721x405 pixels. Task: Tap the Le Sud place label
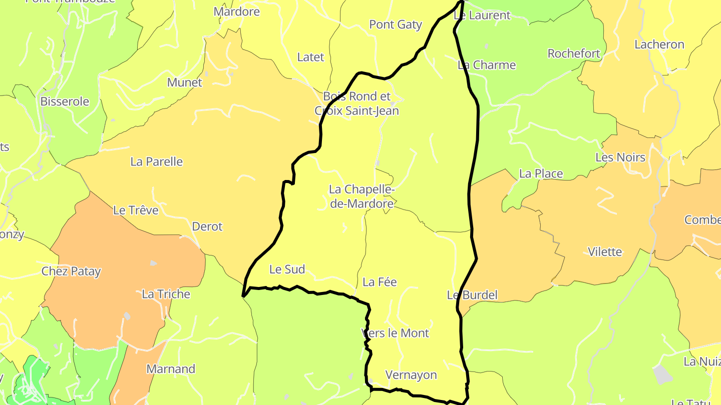click(x=287, y=269)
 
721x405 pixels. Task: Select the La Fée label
click(x=380, y=282)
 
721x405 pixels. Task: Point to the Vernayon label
click(x=411, y=375)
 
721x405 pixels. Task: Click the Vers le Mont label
click(x=395, y=333)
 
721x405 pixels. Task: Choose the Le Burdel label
click(x=472, y=295)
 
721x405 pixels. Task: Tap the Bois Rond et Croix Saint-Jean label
click(x=356, y=103)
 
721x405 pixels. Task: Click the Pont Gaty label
click(x=396, y=24)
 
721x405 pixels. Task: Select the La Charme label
click(x=487, y=65)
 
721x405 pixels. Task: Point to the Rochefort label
click(x=574, y=53)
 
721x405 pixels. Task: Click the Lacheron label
click(x=659, y=44)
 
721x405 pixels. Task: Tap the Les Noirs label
click(x=620, y=157)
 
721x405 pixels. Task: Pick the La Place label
click(x=541, y=173)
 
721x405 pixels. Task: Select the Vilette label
click(x=605, y=251)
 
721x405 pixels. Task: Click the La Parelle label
click(x=157, y=162)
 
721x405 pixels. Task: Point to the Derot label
click(x=207, y=226)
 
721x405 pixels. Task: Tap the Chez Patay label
click(x=71, y=271)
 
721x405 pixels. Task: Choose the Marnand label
click(x=171, y=369)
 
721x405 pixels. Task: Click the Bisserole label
click(x=65, y=101)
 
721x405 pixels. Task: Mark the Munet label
click(x=185, y=82)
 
